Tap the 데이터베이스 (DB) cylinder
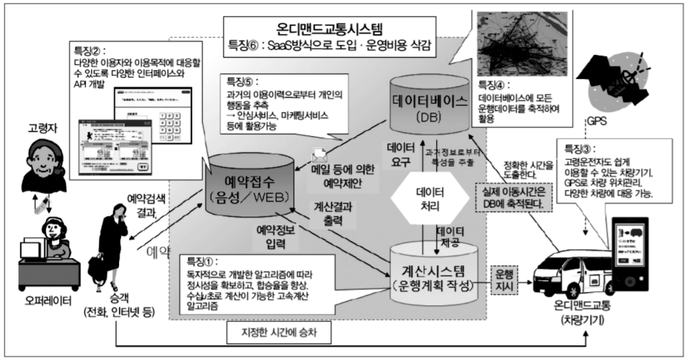427,112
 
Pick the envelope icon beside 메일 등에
319,156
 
